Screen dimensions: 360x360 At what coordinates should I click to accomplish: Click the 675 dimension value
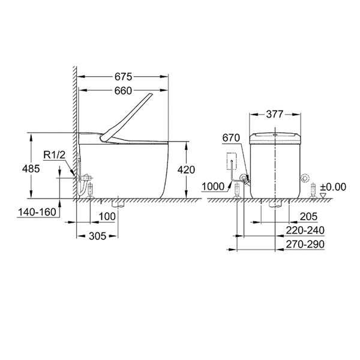click(x=123, y=77)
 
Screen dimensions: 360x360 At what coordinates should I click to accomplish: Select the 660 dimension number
click(x=123, y=91)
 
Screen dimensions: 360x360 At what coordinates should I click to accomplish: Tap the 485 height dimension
click(x=31, y=169)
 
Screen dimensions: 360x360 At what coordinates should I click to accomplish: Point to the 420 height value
click(x=186, y=170)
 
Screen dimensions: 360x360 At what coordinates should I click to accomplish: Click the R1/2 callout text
click(x=55, y=155)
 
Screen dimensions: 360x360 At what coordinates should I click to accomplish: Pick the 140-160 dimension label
click(x=37, y=212)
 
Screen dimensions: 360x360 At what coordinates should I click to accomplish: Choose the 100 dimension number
click(x=107, y=217)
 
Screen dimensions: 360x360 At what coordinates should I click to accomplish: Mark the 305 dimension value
click(x=98, y=236)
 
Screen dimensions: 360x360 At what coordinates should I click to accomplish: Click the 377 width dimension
click(x=275, y=114)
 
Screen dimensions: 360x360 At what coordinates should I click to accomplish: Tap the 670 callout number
click(x=231, y=138)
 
